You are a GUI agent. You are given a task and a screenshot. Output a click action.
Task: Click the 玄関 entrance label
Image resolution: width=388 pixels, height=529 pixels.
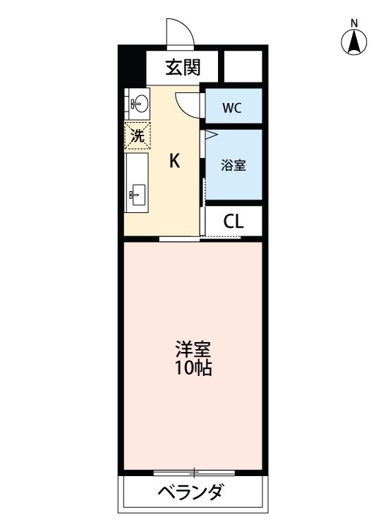pyautogui.click(x=183, y=67)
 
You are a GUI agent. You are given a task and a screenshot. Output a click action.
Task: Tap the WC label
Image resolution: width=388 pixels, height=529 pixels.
pyautogui.click(x=232, y=108)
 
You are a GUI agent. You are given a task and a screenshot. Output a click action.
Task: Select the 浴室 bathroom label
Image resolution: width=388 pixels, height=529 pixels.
pyautogui.click(x=233, y=165)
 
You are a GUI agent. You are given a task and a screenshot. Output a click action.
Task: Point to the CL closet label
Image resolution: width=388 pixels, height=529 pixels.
pyautogui.click(x=233, y=221)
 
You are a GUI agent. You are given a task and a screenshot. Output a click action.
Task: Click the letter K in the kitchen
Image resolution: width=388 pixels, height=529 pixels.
pyautogui.click(x=174, y=161)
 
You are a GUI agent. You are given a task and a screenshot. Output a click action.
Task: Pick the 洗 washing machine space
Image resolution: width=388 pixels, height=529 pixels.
pyautogui.click(x=138, y=135)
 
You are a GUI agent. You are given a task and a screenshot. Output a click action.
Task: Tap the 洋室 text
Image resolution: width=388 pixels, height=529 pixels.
pyautogui.click(x=193, y=349)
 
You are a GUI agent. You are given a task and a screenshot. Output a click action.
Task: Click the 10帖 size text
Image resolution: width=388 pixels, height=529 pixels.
pyautogui.click(x=193, y=367)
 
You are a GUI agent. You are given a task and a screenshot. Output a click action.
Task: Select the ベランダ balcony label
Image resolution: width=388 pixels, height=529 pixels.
pyautogui.click(x=190, y=492)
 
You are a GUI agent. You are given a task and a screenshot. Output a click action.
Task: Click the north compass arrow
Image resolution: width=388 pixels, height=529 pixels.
pyautogui.click(x=354, y=42)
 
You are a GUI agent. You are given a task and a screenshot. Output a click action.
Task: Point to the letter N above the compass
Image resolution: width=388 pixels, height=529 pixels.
pyautogui.click(x=354, y=23)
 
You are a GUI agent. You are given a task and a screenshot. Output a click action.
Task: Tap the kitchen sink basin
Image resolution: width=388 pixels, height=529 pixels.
pyautogui.click(x=138, y=195)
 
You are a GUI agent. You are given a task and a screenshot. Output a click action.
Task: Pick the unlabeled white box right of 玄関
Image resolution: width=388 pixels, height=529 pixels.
pyautogui.click(x=243, y=66)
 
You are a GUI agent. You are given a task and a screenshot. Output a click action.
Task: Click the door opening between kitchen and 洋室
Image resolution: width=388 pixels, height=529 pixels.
pyautogui.click(x=179, y=239)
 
